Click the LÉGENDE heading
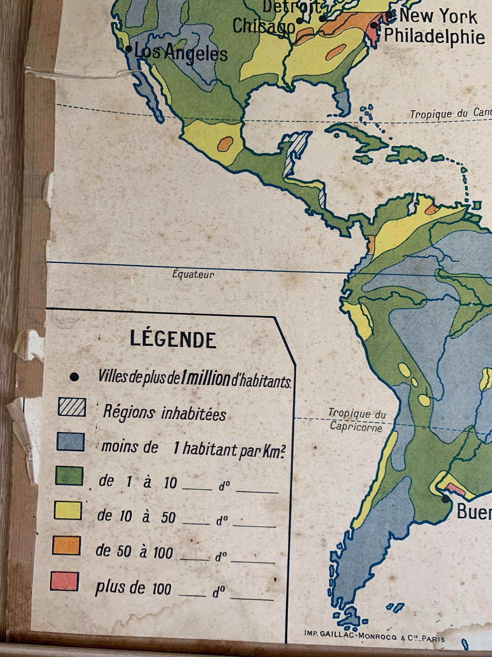[x=173, y=340]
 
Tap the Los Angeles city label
[x=181, y=53]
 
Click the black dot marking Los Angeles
[x=128, y=49]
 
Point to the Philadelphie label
[x=434, y=36]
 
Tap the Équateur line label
[x=193, y=275]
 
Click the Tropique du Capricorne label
[x=356, y=421]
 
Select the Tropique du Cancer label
[x=450, y=114]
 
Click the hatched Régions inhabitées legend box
[x=72, y=407]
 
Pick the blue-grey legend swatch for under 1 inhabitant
[x=71, y=442]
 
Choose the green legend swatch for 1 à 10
[x=69, y=476]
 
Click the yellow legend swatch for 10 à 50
[x=68, y=511]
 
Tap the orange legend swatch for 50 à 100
[x=66, y=545]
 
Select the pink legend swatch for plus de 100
[x=64, y=581]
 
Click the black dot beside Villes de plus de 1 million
[x=74, y=377]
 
